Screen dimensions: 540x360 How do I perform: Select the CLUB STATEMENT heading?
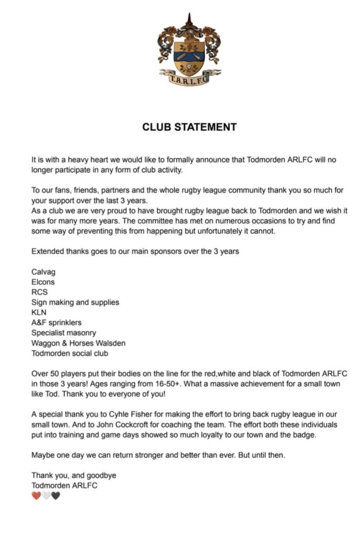click(189, 127)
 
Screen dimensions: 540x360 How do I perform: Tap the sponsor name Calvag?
click(44, 272)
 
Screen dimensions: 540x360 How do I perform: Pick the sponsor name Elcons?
click(43, 282)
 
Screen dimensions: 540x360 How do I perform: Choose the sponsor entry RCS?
click(40, 292)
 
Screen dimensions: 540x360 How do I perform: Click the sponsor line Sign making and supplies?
click(75, 302)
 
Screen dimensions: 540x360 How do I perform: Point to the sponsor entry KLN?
click(40, 312)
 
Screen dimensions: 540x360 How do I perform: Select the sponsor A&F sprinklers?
click(56, 323)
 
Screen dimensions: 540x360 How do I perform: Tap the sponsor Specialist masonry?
click(64, 333)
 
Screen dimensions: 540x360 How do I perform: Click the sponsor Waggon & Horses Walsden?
click(79, 343)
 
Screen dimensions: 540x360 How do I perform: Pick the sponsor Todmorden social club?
click(70, 353)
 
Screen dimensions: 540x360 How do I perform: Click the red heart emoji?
click(36, 496)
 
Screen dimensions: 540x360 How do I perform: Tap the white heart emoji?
click(46, 496)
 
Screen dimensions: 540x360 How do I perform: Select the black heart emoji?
click(55, 496)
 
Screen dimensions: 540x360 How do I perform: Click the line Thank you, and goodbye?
click(74, 475)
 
